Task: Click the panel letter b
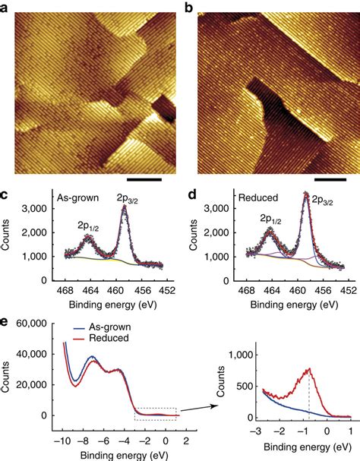[x=187, y=8]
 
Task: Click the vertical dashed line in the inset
[x=311, y=395]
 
